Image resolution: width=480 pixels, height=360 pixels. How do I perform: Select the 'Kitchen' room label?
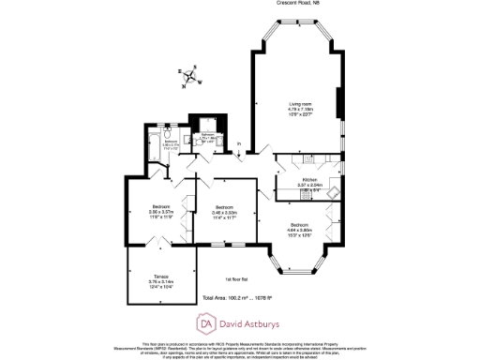click(x=309, y=180)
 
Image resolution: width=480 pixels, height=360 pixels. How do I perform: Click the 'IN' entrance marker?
click(x=239, y=144)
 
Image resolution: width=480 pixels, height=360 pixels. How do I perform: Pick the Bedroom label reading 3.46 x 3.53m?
click(x=224, y=208)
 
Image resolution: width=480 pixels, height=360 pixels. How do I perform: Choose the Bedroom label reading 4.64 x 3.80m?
click(x=300, y=226)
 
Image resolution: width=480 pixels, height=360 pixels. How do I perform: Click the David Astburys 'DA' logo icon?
click(x=205, y=324)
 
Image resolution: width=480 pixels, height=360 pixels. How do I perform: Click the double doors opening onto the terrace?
click(x=160, y=242)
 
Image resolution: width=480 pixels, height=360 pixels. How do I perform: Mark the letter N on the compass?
click(x=186, y=84)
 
